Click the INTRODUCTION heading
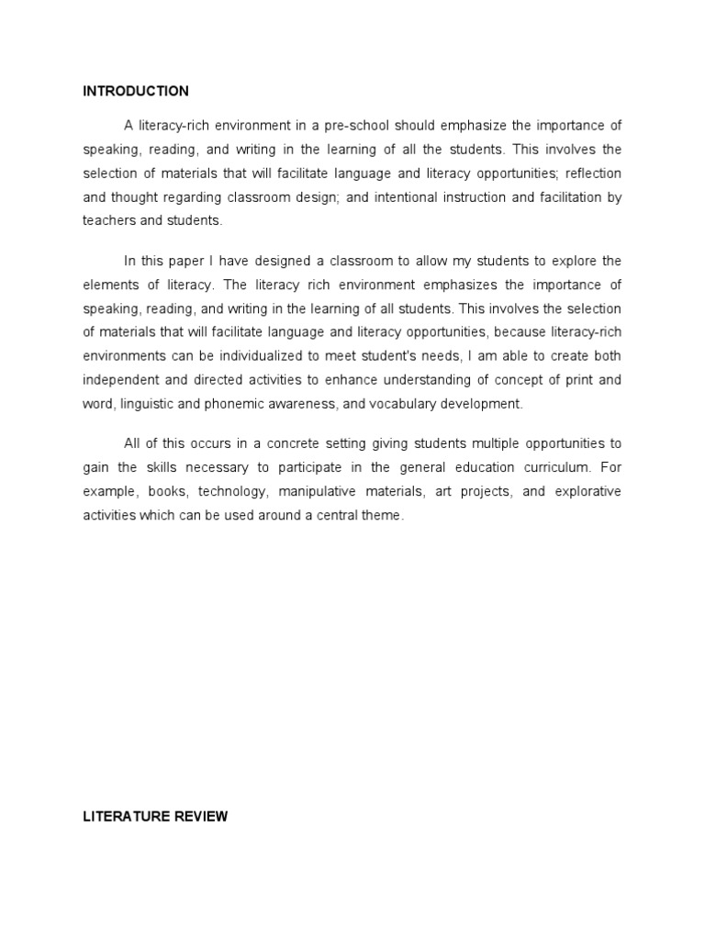point(136,91)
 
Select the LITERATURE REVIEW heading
point(155,816)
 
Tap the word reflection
point(594,173)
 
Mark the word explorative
point(584,491)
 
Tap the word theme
point(385,515)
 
